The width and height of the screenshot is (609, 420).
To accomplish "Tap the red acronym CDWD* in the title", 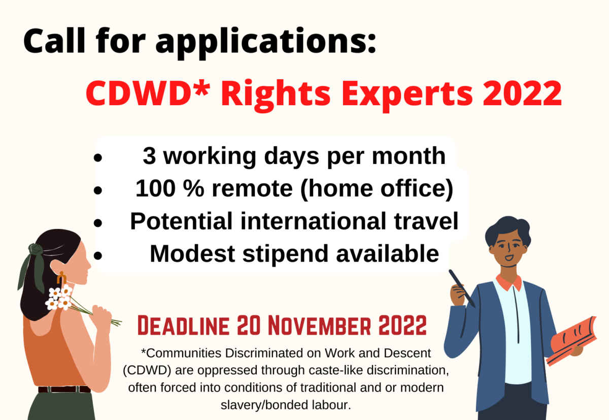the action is (x=148, y=92).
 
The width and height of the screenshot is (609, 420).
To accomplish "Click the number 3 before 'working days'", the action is (x=149, y=155).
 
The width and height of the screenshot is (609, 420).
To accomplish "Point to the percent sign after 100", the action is (x=193, y=188).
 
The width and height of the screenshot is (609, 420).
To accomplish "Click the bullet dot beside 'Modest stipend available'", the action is (x=97, y=255).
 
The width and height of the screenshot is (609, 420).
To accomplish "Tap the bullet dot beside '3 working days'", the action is (x=97, y=157).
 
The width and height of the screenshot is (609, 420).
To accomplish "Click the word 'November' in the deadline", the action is (x=319, y=326).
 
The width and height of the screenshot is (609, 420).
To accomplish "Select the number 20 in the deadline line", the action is (x=249, y=326).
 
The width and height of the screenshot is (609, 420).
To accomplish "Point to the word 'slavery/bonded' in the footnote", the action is (x=264, y=405).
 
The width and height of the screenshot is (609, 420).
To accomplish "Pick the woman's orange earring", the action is (x=61, y=278).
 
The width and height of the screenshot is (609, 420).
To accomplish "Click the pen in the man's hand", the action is (x=462, y=288).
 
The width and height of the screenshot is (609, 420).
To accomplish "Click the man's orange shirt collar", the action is (x=509, y=283).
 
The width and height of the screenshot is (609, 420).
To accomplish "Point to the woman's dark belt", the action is (x=64, y=389).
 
